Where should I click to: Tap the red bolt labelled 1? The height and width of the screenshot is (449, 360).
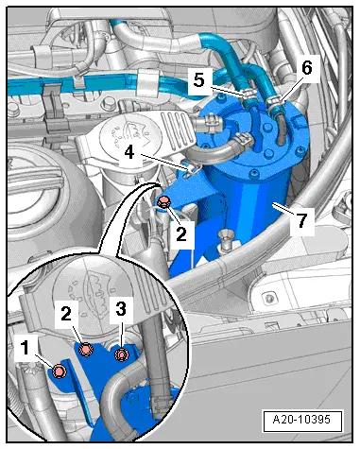[x=60, y=371]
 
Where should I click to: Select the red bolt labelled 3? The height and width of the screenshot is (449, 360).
[x=121, y=355]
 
